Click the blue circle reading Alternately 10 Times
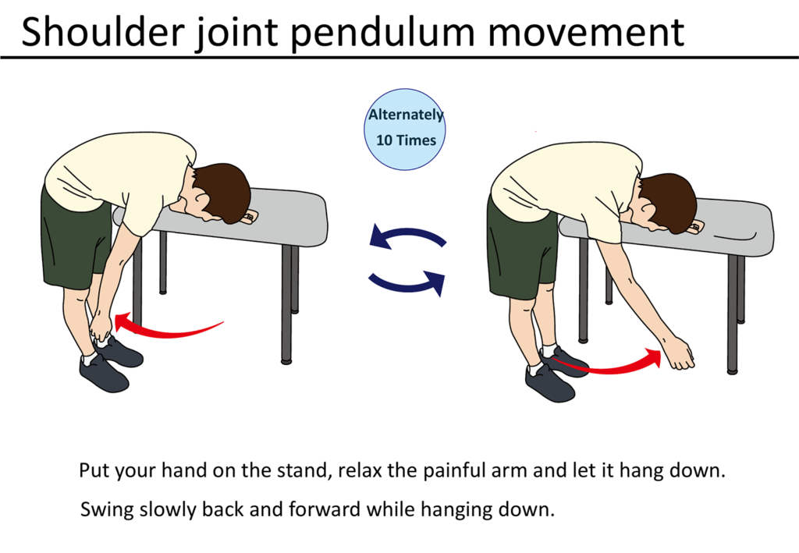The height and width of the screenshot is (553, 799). coord(405,129)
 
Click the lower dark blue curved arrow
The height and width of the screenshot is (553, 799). coord(407,285)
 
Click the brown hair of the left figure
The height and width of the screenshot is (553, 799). coord(224,193)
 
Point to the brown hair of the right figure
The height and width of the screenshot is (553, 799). coord(670,203)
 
